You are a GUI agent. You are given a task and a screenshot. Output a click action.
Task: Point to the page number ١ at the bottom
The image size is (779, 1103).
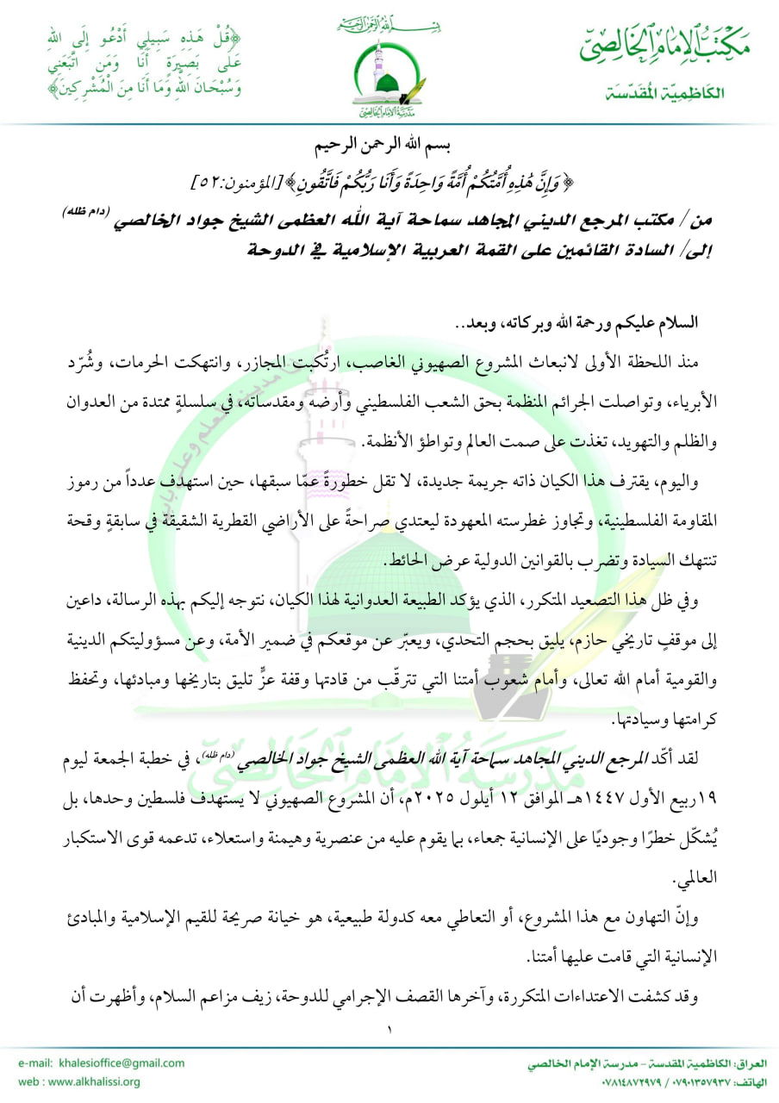(x=389, y=1030)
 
